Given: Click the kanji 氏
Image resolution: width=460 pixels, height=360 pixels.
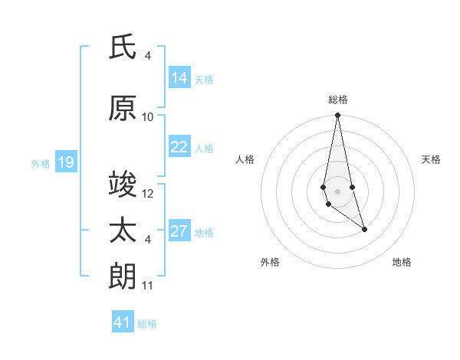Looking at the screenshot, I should pyautogui.click(x=123, y=47).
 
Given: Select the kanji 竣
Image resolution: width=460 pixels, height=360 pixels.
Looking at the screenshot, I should pyautogui.click(x=123, y=185).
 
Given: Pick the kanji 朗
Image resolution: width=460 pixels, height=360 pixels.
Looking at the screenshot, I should pyautogui.click(x=123, y=277).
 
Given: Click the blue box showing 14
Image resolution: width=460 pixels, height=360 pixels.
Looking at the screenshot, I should pyautogui.click(x=179, y=78).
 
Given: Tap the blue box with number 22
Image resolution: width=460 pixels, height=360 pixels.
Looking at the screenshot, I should pyautogui.click(x=179, y=147).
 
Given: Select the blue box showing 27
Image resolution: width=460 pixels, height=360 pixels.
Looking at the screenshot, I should pyautogui.click(x=179, y=232).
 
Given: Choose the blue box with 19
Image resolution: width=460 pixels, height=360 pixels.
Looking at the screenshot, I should pyautogui.click(x=65, y=162).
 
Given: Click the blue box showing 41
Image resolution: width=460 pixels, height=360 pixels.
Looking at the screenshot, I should pyautogui.click(x=123, y=322).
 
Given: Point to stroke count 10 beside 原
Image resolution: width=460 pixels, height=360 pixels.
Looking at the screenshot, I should pyautogui.click(x=148, y=116).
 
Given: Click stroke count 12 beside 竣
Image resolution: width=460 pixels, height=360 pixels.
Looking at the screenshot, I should pyautogui.click(x=148, y=193).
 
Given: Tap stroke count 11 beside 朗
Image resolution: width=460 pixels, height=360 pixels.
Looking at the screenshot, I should pyautogui.click(x=148, y=286).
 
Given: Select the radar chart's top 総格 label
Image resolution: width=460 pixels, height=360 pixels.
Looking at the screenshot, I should pyautogui.click(x=338, y=100).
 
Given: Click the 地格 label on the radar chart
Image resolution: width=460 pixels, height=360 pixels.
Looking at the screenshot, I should pyautogui.click(x=402, y=262).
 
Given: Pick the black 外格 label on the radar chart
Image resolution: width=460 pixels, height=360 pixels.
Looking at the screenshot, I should pyautogui.click(x=270, y=262).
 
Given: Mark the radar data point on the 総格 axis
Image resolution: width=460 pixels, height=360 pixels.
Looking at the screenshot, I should pyautogui.click(x=337, y=116).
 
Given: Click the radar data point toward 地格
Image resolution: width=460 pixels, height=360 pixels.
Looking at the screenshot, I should pyautogui.click(x=364, y=229).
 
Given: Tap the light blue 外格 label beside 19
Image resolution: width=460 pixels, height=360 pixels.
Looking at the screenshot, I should pyautogui.click(x=40, y=163).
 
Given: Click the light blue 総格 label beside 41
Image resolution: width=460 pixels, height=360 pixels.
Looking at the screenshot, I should pyautogui.click(x=147, y=324).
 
